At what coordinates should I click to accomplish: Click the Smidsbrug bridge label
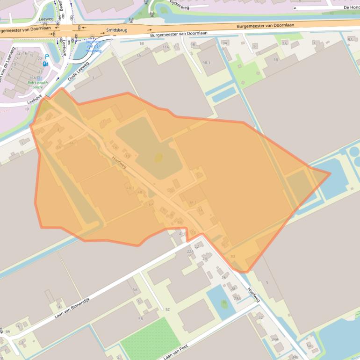click(x=116, y=30)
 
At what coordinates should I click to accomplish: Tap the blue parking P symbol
click(x=47, y=56)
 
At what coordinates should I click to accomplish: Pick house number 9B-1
click(x=207, y=62)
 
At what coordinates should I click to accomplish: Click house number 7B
click(x=275, y=59)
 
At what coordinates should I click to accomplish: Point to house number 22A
click(x=190, y=251)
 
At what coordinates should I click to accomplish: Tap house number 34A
click(x=274, y=339)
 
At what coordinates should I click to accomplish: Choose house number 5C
click(x=167, y=310)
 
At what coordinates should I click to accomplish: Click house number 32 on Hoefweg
click(x=260, y=317)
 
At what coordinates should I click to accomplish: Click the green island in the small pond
click(x=224, y=304)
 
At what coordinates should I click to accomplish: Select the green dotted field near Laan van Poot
click(x=150, y=339)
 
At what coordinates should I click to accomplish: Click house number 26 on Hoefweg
click(x=223, y=277)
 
